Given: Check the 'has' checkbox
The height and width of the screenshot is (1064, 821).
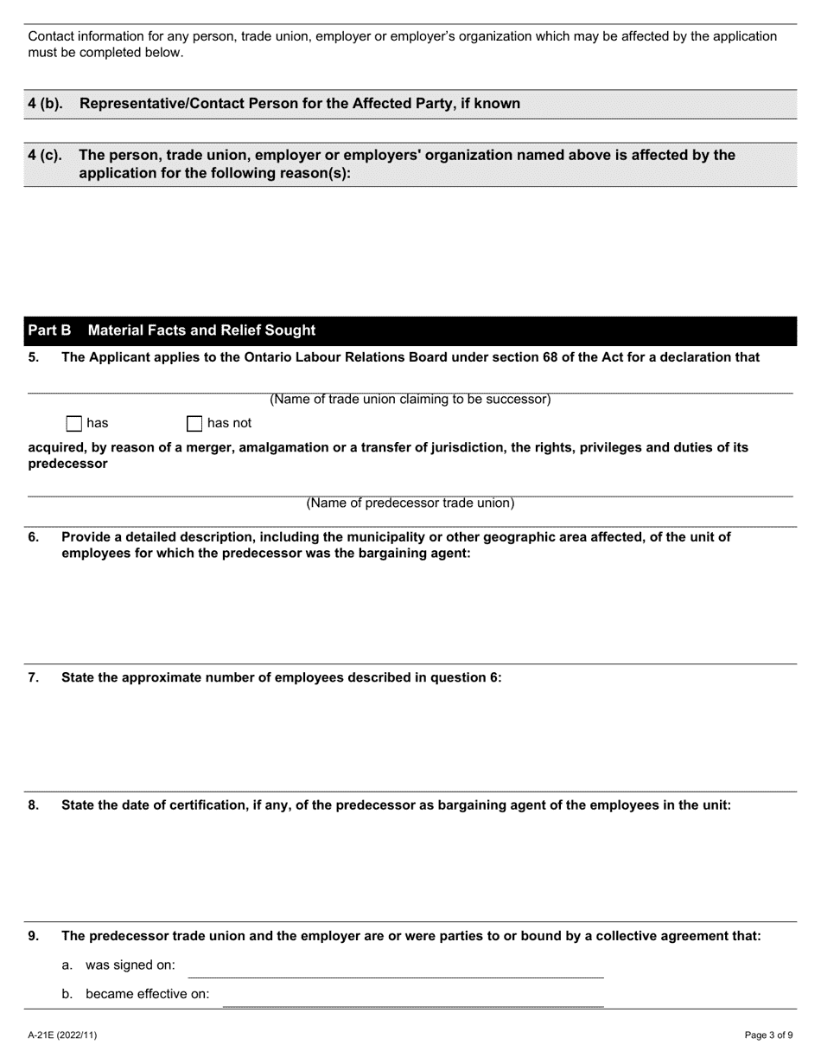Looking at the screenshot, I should pos(74,424).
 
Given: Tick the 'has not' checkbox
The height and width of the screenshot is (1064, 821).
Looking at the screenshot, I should pos(194,424).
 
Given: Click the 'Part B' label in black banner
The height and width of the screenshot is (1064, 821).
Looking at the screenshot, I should pos(49,330).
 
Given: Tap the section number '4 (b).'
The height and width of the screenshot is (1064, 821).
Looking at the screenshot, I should pos(45,104).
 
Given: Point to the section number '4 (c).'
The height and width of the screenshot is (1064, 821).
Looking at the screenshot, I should pos(45,156).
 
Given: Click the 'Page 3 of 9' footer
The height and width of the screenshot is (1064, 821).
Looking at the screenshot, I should pos(768,1035).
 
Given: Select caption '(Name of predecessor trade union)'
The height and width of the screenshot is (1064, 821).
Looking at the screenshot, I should pos(410,503).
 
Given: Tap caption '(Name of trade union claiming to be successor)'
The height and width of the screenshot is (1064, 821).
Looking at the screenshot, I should pos(410,400).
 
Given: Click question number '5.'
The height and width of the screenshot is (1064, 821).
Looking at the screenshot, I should pos(34,357).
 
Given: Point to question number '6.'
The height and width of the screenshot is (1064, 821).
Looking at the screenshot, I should pos(34,537).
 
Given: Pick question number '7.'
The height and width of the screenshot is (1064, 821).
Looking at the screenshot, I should pos(34,678).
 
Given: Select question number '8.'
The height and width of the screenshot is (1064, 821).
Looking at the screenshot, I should pos(34,805).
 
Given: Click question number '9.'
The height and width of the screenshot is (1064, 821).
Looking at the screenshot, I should pos(34,936).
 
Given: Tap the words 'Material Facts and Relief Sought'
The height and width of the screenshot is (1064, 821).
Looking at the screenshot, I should pos(201,330).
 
